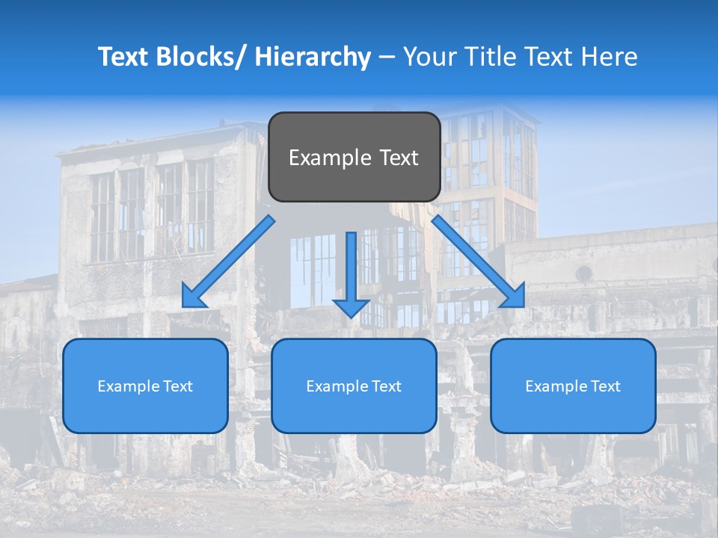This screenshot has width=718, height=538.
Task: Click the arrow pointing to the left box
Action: tap(228, 262)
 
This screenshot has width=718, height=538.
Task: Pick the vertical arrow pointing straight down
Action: tap(351, 269)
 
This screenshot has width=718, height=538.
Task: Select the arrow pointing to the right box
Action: tap(479, 262)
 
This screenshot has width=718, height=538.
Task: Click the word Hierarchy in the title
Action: tap(313, 57)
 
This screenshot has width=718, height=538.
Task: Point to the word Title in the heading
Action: tap(485, 57)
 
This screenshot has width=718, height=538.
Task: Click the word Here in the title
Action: tap(610, 57)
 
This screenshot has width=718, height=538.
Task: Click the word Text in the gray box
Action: tap(397, 158)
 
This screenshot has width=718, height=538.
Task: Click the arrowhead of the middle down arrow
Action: tap(351, 307)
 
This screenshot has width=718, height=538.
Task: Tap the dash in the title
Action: tap(387, 57)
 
